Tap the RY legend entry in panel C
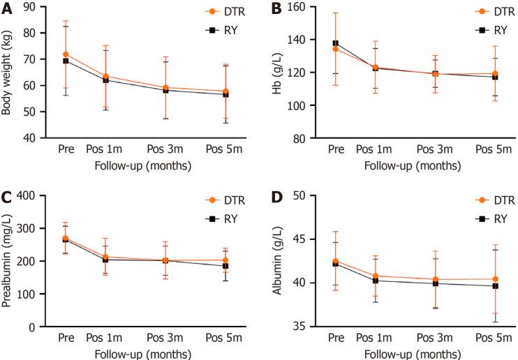[228, 218]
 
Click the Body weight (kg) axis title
[10, 73]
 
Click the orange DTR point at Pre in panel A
[66, 54]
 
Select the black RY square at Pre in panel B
[334, 43]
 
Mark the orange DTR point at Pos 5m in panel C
[225, 260]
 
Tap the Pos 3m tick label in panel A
[166, 150]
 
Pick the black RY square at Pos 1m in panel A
[106, 80]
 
